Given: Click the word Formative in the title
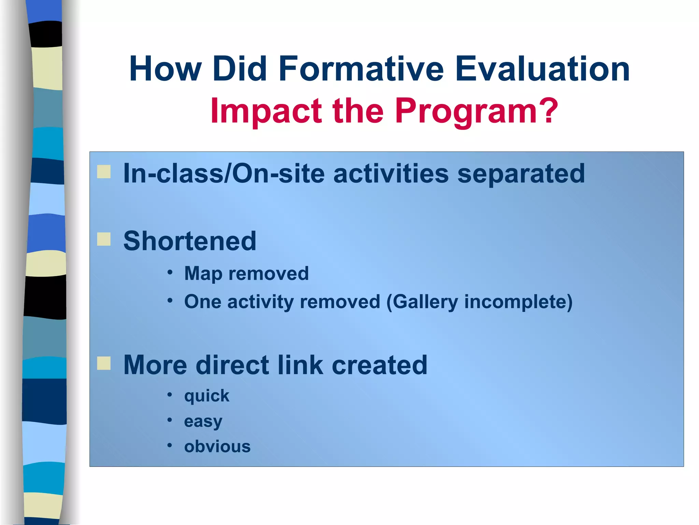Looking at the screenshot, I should [361, 69].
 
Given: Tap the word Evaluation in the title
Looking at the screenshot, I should [542, 69].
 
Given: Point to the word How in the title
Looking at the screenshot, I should [165, 69].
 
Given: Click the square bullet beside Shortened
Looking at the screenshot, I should [104, 239].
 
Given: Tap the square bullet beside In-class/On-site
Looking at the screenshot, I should [104, 172].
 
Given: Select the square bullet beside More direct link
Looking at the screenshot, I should [104, 363].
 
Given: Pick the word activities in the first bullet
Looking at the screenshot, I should [391, 174].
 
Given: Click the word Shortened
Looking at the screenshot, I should [190, 241].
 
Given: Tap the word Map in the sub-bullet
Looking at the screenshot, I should [203, 274].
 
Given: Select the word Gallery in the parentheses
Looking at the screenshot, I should [425, 302].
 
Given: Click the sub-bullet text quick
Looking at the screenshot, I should [206, 396].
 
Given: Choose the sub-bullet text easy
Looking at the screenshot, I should [203, 421].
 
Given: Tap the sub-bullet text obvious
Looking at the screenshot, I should [217, 446].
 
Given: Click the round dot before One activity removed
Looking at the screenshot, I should [170, 301].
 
